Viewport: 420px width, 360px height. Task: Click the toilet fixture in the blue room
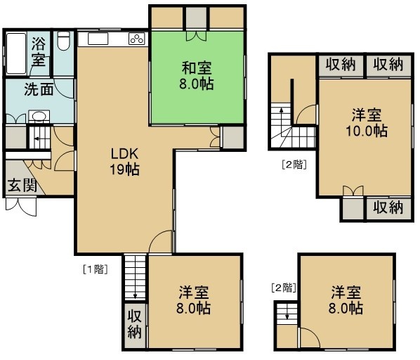(63, 41)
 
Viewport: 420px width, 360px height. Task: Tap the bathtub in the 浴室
(16, 53)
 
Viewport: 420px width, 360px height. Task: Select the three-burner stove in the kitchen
(137, 39)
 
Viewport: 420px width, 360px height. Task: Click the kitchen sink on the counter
(98, 39)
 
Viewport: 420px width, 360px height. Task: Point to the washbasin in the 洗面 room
(39, 116)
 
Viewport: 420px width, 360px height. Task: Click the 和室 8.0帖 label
(197, 76)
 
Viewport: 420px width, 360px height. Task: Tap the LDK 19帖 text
(124, 162)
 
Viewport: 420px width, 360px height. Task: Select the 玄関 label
(22, 186)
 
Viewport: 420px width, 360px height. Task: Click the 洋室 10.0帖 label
(367, 123)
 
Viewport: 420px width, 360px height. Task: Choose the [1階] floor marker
(96, 269)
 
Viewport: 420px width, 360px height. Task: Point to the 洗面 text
(39, 89)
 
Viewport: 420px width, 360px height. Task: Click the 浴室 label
(39, 52)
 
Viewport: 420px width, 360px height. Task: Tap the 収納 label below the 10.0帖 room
(388, 207)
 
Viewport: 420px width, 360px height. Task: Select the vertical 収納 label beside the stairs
(134, 324)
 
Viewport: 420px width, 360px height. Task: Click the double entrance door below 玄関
(21, 207)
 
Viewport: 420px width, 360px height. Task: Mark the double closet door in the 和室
(197, 36)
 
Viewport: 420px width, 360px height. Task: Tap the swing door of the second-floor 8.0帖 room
(310, 337)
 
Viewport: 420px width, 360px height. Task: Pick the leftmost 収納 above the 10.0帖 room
(341, 65)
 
